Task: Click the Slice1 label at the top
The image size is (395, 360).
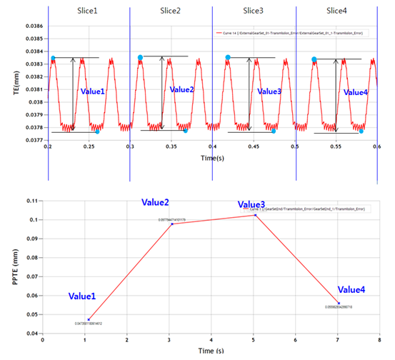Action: coord(91,11)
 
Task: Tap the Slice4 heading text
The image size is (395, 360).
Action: coord(336,11)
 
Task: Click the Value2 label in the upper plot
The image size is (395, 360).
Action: coord(181,89)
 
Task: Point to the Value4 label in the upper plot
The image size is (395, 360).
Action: coord(356,93)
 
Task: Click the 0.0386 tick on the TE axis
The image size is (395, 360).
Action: coord(34,26)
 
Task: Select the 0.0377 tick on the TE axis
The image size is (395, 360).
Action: coord(34,141)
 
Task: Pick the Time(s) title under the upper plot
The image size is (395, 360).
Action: coord(212,156)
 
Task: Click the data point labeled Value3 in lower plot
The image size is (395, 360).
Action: coord(255,214)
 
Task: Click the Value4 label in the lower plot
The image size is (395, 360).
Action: coord(351,289)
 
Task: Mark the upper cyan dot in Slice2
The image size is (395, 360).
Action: coord(140,57)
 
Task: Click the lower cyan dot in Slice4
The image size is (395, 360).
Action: coord(361,131)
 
